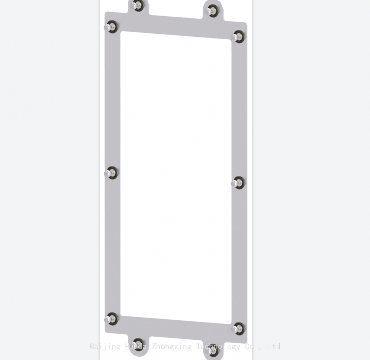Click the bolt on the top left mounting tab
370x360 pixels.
pos(137,6)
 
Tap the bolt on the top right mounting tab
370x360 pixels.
pos(211,11)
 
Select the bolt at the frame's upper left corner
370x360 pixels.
pos(111,27)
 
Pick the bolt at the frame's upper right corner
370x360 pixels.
pos(237,37)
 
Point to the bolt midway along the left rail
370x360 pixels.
pos(111,173)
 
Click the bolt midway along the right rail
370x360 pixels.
pos(237,183)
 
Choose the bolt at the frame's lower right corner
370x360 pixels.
pos(237,328)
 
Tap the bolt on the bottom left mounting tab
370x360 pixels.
pos(138,343)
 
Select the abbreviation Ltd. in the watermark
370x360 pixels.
pos(275,347)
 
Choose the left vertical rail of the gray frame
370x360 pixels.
pos(112,111)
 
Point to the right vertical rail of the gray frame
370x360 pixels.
pos(239,111)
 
